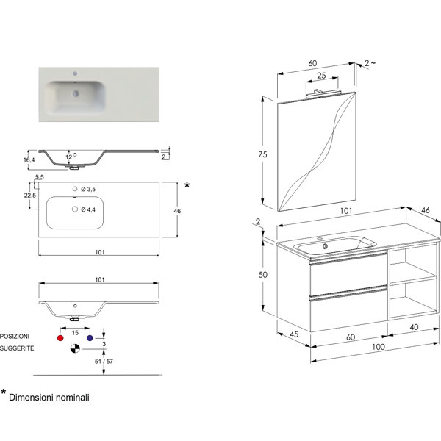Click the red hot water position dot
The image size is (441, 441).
coord(60,338)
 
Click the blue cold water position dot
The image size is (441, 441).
coord(90,338)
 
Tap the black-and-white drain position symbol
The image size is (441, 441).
coord(75,348)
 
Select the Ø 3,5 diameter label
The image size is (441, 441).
coord(88,189)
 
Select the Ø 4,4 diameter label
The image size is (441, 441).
coord(88,209)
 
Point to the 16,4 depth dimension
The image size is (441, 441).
coord(29,160)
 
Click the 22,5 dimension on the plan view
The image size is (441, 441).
coord(30,196)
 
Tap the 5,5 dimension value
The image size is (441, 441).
coord(40,177)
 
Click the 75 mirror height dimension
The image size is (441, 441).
coord(262,154)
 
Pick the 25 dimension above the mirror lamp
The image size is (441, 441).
coord(321,76)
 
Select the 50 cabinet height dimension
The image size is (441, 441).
coord(262,274)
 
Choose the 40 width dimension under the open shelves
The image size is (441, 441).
coord(414,327)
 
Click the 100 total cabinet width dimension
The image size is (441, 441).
coord(379,347)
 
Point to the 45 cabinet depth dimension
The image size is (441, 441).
coord(294,334)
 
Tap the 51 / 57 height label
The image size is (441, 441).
coord(104,362)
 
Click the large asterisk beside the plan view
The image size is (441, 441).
coord(187,185)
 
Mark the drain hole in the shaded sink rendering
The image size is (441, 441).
coord(76,93)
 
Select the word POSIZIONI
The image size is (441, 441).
coord(15,337)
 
